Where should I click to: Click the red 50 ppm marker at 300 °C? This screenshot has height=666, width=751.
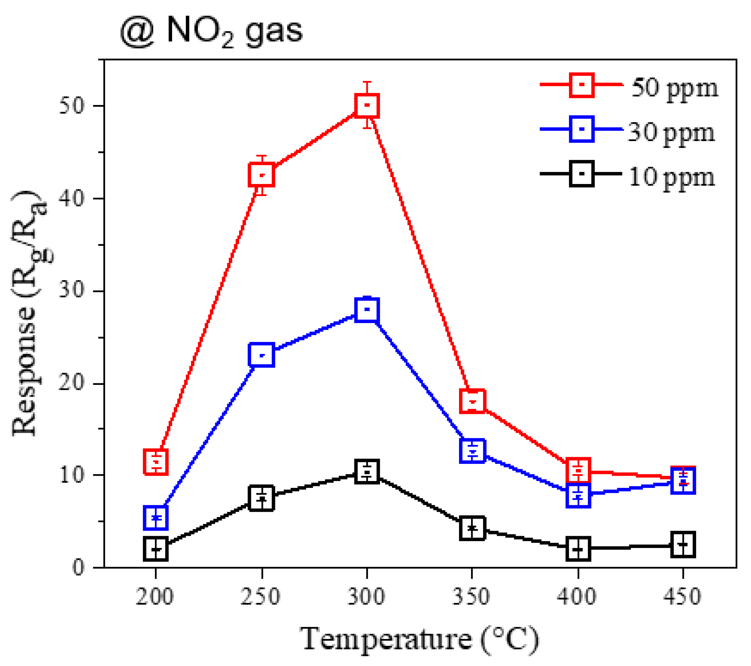coord(367,105)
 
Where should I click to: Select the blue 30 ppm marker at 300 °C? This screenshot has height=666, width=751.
coord(367,310)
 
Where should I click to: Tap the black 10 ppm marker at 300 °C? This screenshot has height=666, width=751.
coord(367,471)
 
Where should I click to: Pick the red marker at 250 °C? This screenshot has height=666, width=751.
coord(262,175)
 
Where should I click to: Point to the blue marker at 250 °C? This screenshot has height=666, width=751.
coord(262,355)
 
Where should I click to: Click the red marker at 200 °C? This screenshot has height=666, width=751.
coord(156,462)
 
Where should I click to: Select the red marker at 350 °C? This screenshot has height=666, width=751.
coord(473,401)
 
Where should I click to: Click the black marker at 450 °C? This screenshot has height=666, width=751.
coord(683,544)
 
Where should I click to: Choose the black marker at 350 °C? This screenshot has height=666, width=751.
coord(473,528)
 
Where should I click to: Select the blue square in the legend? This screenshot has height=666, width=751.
coord(582,129)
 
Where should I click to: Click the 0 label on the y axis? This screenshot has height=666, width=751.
coord(78,568)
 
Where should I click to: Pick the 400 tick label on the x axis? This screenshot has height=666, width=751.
coord(577,597)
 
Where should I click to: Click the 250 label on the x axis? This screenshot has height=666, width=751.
coord(260,597)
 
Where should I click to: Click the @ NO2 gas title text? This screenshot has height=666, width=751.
coord(211,31)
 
